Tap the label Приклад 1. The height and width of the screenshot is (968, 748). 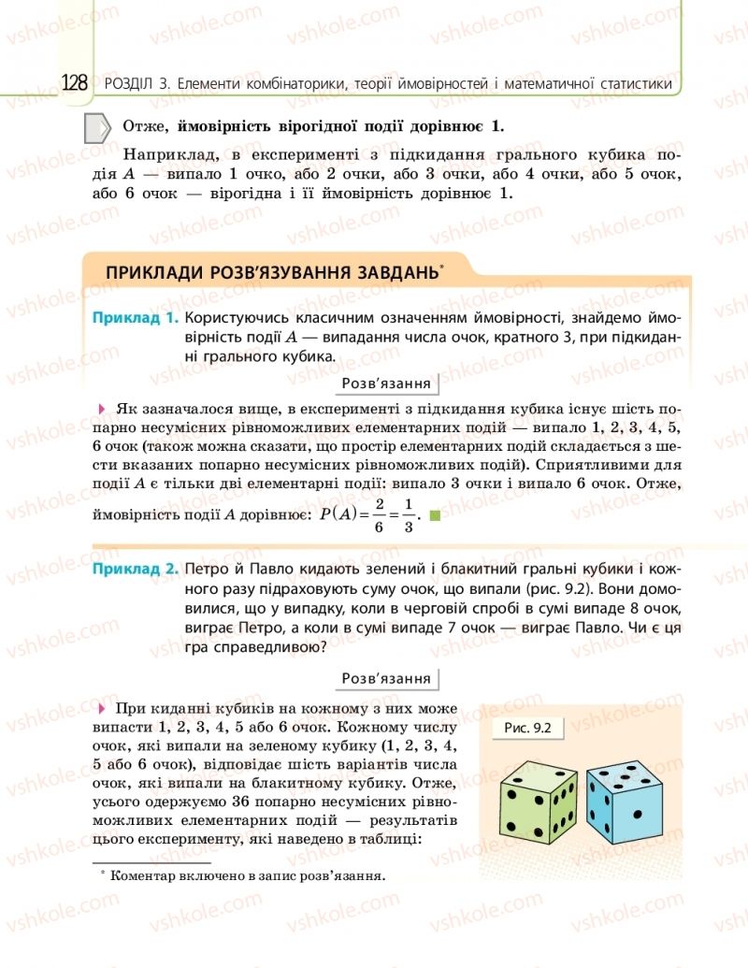tap(135, 318)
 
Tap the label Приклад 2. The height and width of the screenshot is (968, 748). tap(135, 569)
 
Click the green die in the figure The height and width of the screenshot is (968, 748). tap(539, 801)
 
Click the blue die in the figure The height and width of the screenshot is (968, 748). tap(626, 796)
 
